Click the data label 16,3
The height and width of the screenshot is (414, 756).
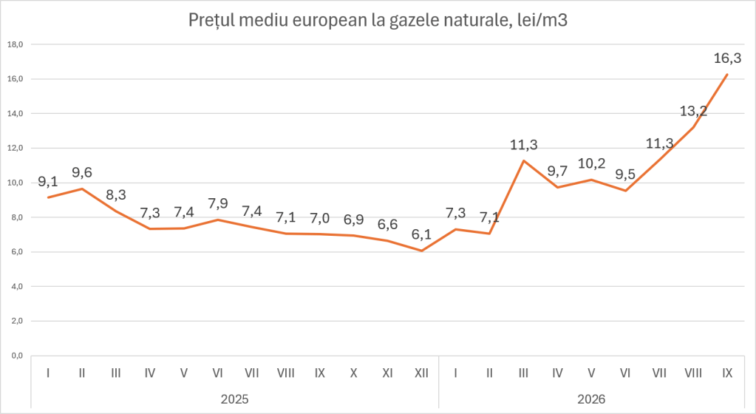point(727,58)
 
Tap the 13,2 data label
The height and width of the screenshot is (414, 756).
point(693,111)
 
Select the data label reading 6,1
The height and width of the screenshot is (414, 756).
point(421,234)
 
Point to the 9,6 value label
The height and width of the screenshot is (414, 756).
point(82,172)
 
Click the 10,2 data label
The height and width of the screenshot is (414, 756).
point(592,163)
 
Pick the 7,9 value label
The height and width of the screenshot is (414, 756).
point(218,203)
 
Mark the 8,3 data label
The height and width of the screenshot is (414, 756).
point(116,195)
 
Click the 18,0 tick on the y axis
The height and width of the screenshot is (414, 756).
point(16,44)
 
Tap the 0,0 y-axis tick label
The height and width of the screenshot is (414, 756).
point(17,356)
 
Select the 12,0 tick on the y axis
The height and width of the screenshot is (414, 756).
point(16,148)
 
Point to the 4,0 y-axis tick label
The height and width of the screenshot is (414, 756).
point(17,287)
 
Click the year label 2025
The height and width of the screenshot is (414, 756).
point(235,399)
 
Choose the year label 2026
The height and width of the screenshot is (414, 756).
point(592,399)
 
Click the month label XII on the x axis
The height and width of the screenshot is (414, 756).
point(421,373)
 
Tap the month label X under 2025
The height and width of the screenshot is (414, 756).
point(353,373)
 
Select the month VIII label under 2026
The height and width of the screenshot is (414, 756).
point(693,373)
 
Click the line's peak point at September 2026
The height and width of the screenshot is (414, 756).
point(727,75)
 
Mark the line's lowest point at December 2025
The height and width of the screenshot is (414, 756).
point(421,251)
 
